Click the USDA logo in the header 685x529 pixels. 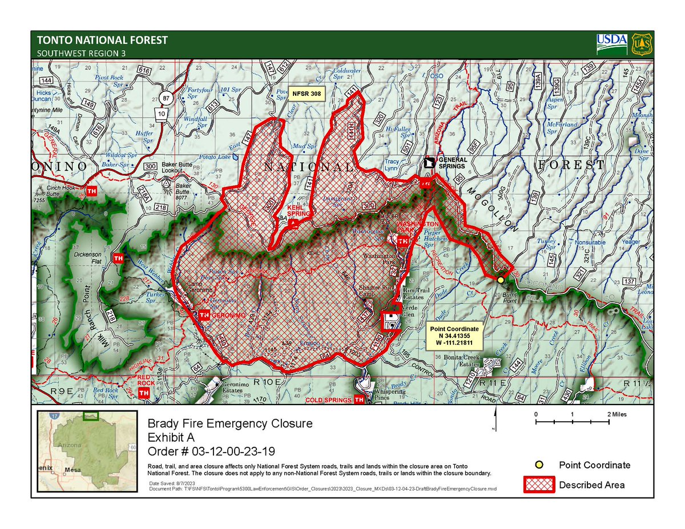tap(612, 43)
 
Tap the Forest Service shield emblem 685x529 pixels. tap(642, 44)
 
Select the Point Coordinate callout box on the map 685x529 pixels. tap(455, 337)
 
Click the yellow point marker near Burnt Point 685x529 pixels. tap(500, 280)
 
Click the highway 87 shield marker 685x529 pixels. tap(166, 98)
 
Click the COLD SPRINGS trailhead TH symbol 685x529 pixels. tap(360, 401)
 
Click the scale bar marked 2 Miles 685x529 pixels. tap(573, 422)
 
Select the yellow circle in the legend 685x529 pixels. tap(538, 465)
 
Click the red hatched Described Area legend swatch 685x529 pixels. tap(538, 484)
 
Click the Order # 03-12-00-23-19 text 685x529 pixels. tap(212, 451)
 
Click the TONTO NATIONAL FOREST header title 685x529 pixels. tap(103, 41)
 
